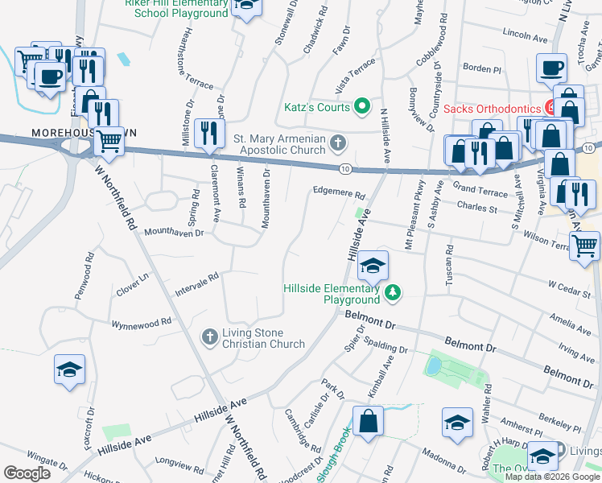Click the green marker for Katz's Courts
coord(362,106)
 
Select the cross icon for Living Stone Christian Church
coord(209,336)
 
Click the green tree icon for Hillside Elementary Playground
coord(393,292)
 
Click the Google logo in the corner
coord(27,473)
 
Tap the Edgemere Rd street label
coord(339,193)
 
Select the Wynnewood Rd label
coord(141,320)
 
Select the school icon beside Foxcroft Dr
coord(69,369)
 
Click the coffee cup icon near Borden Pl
coord(552,68)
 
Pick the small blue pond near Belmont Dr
coord(433,366)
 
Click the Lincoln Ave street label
coord(524,36)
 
